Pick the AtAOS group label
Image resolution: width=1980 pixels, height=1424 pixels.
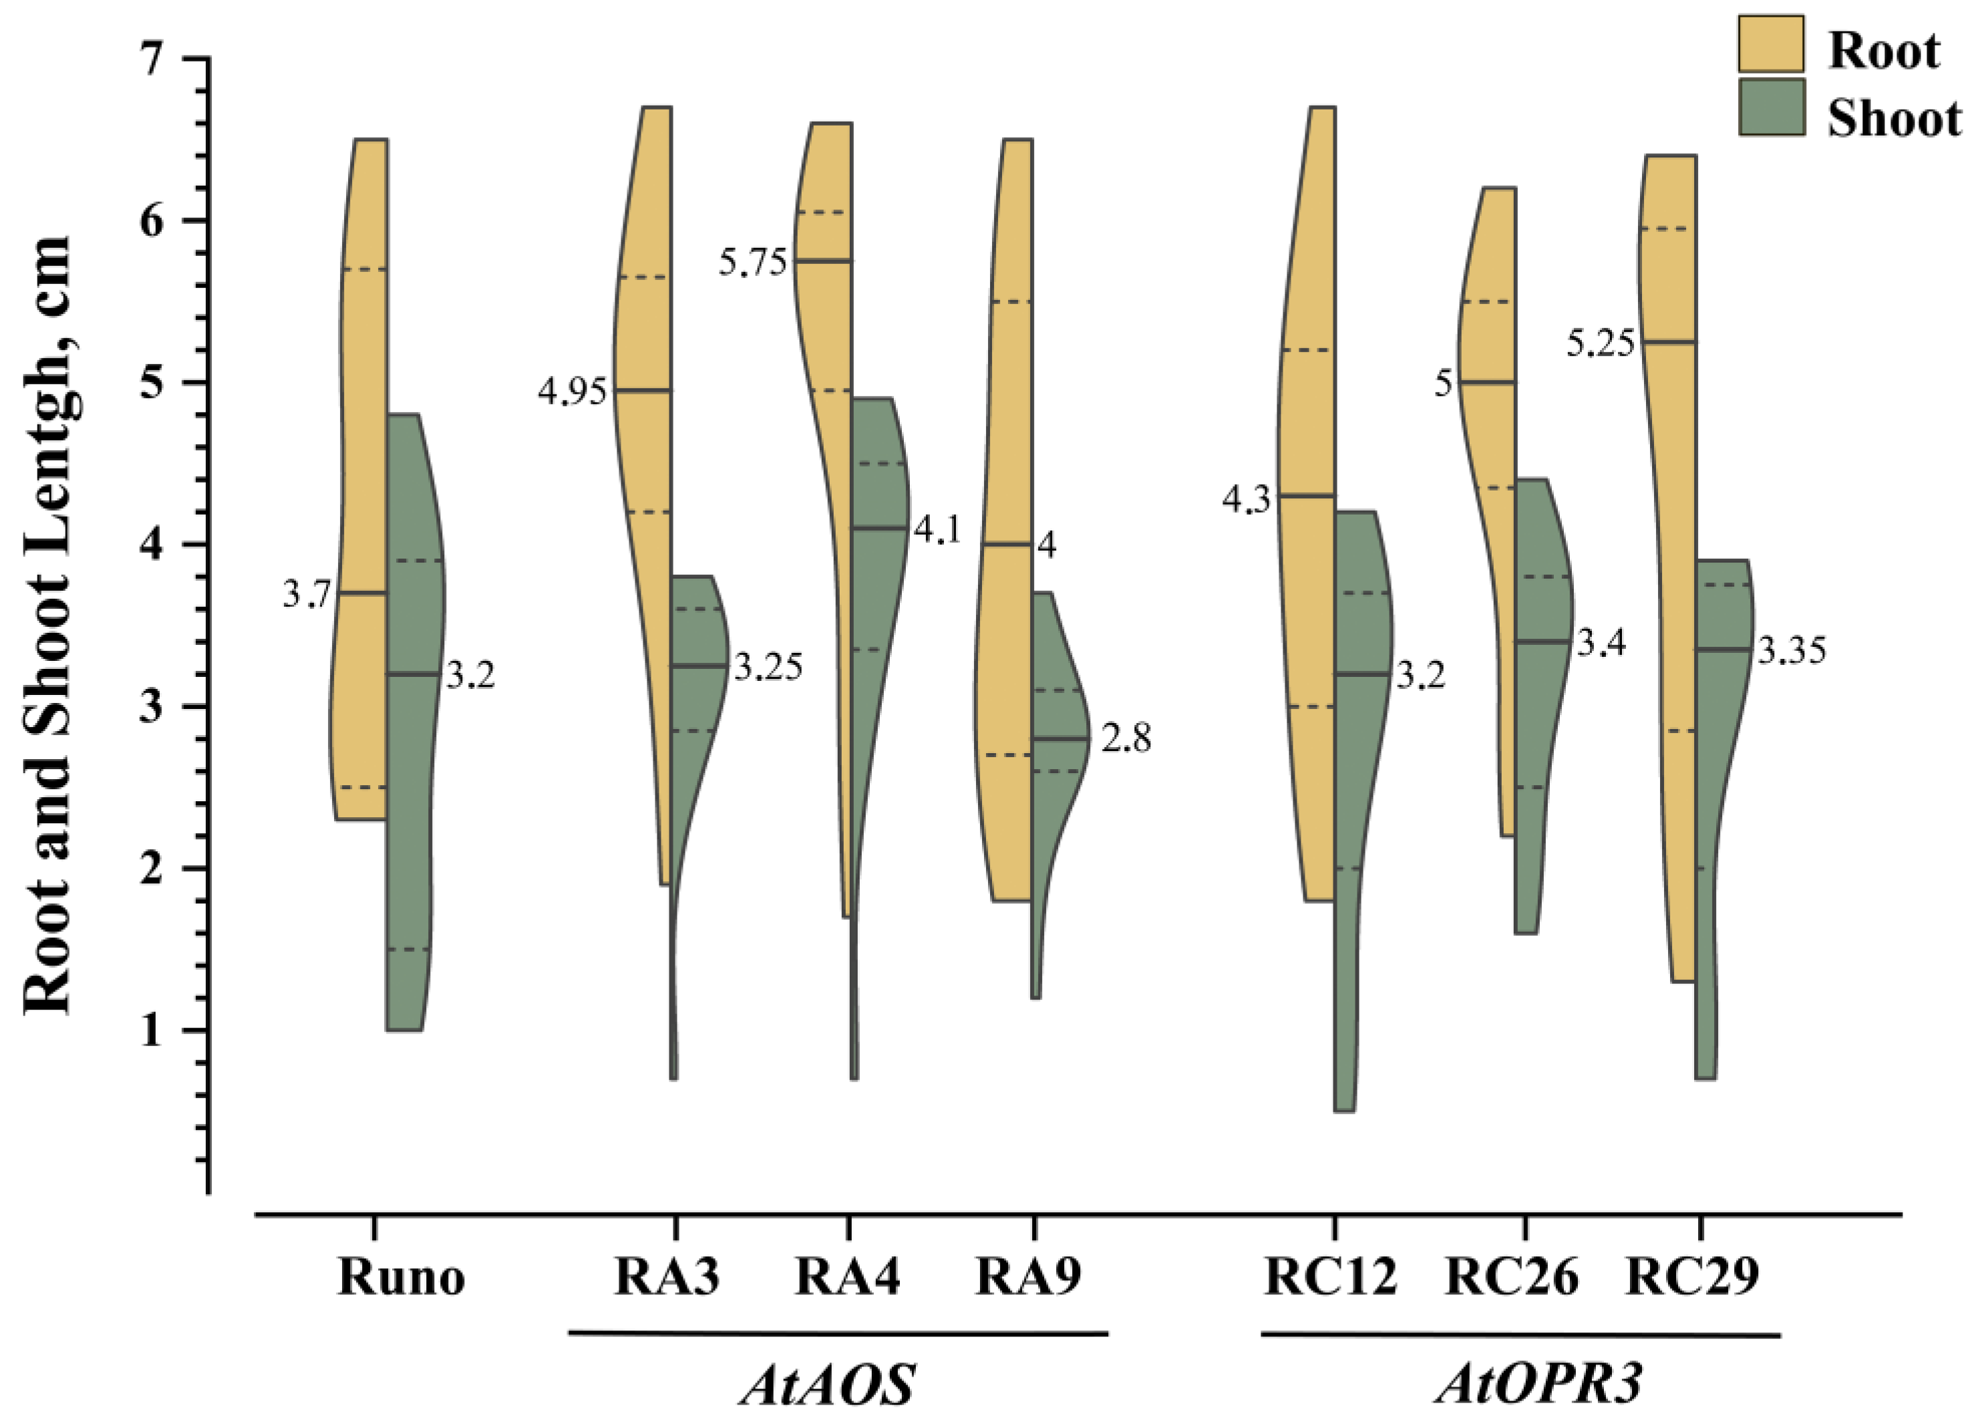(827, 1385)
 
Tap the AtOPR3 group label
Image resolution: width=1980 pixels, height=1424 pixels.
(1538, 1385)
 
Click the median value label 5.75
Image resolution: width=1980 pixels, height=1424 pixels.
(753, 262)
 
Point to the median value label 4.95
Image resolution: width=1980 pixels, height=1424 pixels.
(572, 393)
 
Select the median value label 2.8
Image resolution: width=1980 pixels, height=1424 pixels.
(1126, 740)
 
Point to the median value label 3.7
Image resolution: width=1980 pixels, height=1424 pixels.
(307, 595)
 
